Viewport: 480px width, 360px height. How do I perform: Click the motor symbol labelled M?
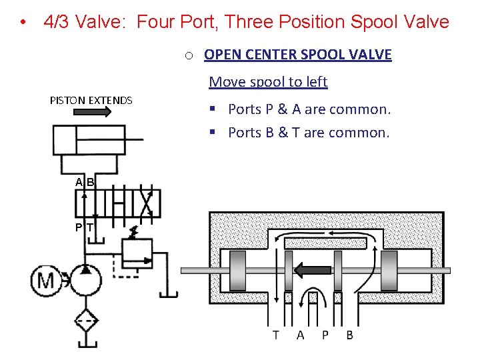pos(46,281)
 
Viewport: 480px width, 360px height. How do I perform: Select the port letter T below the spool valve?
pos(275,335)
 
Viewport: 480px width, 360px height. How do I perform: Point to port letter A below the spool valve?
pos(301,335)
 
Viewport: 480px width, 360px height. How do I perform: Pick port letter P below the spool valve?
pos(325,335)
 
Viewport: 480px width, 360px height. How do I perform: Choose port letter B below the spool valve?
pos(350,335)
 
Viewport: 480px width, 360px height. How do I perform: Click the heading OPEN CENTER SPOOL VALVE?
pos(297,55)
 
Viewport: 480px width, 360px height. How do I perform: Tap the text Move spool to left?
pos(268,82)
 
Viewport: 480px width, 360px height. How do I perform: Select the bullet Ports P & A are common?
pos(309,109)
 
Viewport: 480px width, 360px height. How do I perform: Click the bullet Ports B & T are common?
pos(308,133)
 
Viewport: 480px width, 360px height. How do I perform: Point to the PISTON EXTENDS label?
pos(91,101)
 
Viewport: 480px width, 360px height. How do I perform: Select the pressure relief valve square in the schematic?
pos(137,252)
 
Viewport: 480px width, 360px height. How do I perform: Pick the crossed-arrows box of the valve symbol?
pos(147,203)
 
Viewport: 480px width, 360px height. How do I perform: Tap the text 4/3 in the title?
pos(57,22)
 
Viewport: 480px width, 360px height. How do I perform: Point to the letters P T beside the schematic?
pos(84,227)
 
